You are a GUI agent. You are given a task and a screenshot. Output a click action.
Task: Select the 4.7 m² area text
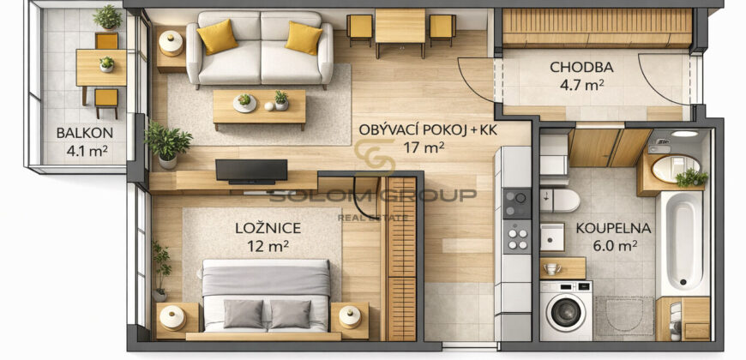point(582,85)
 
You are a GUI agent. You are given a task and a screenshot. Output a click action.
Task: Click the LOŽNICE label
point(268,228)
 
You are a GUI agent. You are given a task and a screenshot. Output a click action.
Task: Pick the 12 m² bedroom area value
point(268,246)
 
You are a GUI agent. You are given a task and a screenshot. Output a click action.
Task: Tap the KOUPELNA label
point(613,228)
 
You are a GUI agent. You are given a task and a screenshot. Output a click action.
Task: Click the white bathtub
point(683,243)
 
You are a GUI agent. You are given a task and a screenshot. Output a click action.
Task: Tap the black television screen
point(251,170)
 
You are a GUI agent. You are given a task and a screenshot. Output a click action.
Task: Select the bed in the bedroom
point(266,297)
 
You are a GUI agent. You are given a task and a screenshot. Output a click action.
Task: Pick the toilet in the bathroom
point(563,200)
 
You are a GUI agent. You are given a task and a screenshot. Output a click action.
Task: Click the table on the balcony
point(100,68)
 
